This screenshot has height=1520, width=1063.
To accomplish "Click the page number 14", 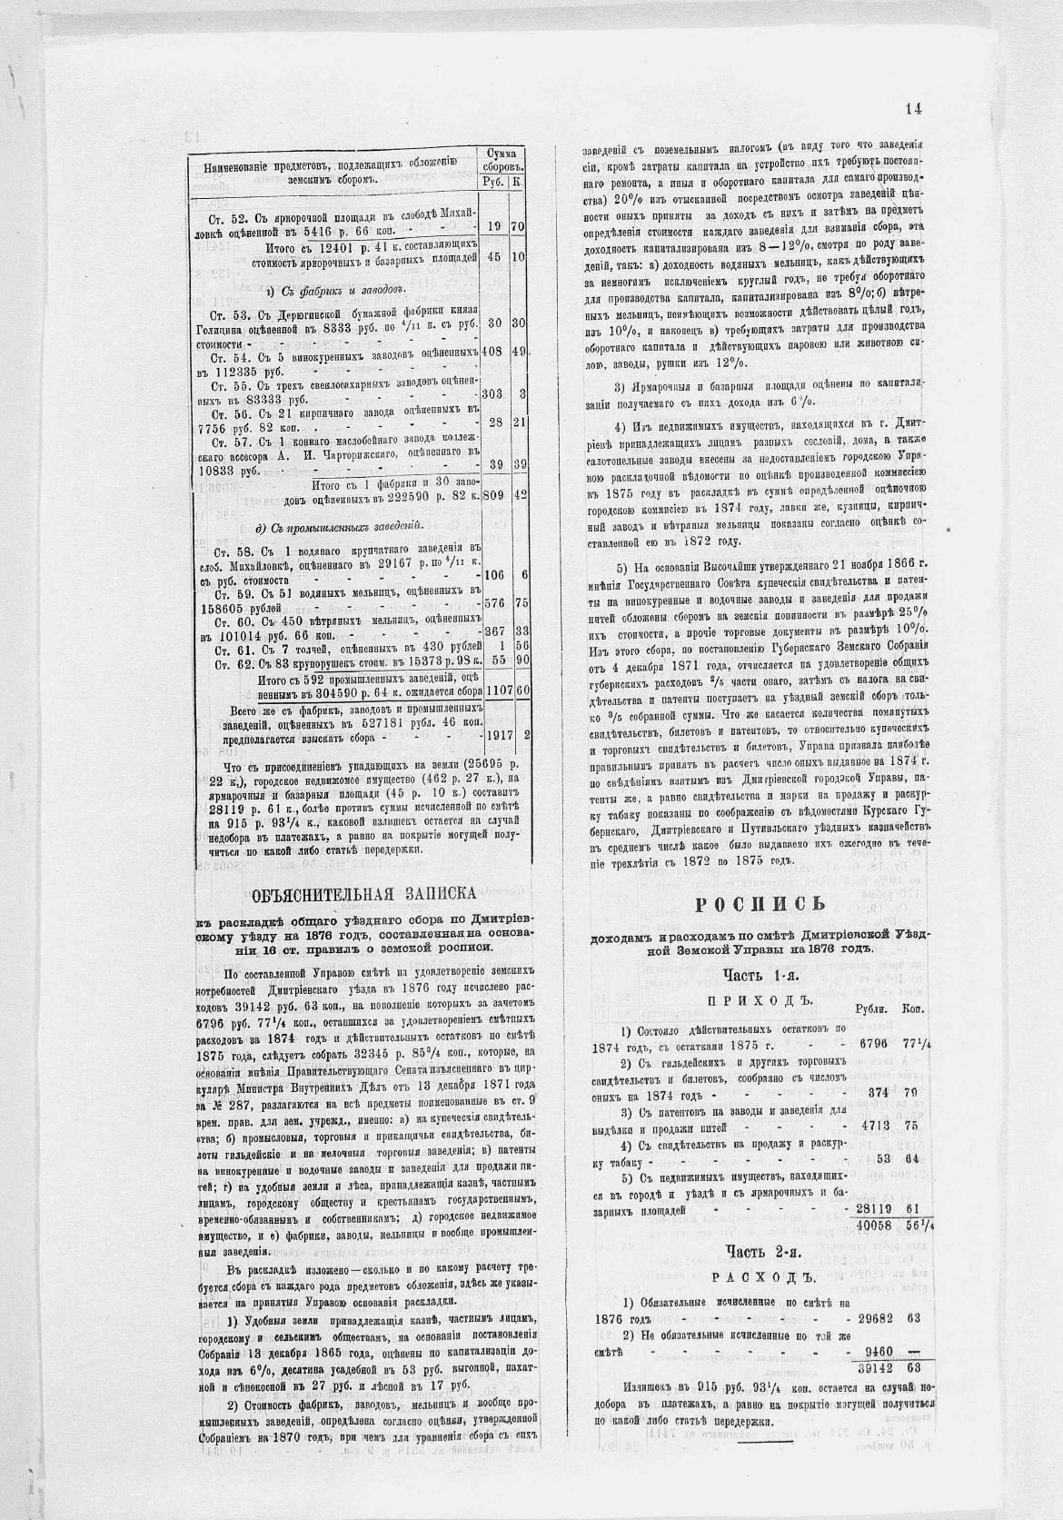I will point(913,109).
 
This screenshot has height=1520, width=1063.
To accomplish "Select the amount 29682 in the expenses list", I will point(878,1318).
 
